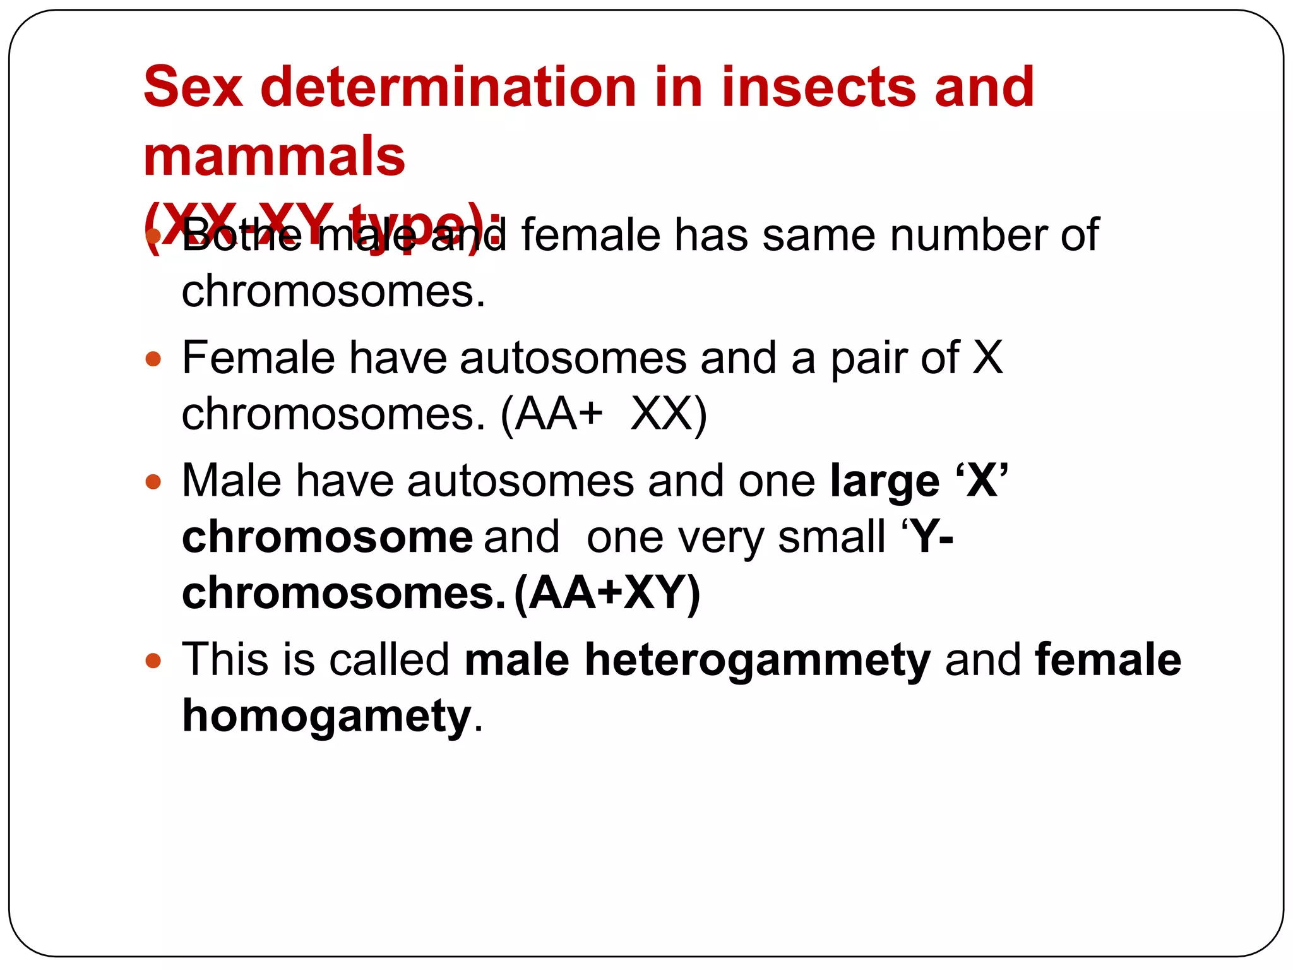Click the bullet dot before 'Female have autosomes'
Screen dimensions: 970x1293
tap(153, 359)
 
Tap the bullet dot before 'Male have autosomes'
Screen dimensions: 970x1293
tap(153, 482)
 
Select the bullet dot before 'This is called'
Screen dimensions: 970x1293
tap(153, 661)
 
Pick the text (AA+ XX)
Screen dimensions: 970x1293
tap(604, 415)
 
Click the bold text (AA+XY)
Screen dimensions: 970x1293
tap(607, 594)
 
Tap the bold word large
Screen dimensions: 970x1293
tap(885, 482)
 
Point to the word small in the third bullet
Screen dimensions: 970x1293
tap(831, 537)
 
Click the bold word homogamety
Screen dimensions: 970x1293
tap(326, 717)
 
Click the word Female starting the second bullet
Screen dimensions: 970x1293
tap(258, 359)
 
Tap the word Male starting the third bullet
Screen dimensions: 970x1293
tap(232, 482)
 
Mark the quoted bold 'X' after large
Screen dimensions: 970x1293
tap(982, 481)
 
